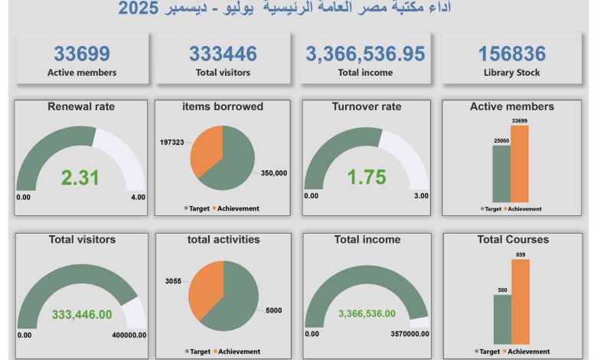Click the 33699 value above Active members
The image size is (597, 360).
point(82,54)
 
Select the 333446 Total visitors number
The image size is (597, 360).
point(223,54)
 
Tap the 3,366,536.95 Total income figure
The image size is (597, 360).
point(365,54)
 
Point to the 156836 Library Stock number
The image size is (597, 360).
point(512,54)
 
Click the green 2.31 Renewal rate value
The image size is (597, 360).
point(80,178)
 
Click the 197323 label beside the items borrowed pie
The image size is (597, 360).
point(171,142)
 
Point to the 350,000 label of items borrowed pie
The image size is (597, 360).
point(274,173)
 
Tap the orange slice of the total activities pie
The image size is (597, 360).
point(204,283)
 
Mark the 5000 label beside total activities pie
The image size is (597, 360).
point(274,310)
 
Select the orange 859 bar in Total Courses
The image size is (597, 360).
point(520,301)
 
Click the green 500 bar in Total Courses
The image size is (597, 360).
point(502,319)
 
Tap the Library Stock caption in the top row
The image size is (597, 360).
point(512,73)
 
